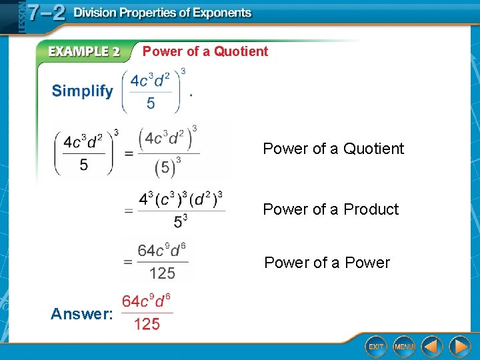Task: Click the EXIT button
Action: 377,347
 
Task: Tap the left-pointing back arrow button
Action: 432,347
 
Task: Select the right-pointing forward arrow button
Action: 459,347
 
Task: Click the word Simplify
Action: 83,91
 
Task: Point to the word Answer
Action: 81,313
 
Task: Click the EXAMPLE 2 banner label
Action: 83,52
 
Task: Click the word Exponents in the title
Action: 218,13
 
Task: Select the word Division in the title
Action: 97,13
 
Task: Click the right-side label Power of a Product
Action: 331,209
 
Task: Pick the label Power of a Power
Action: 327,263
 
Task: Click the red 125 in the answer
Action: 147,325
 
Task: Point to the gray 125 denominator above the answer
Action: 162,273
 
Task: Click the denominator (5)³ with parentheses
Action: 167,167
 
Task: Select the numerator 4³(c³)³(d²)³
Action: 181,199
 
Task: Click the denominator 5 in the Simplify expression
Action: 151,103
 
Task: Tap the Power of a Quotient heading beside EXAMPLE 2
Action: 205,51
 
